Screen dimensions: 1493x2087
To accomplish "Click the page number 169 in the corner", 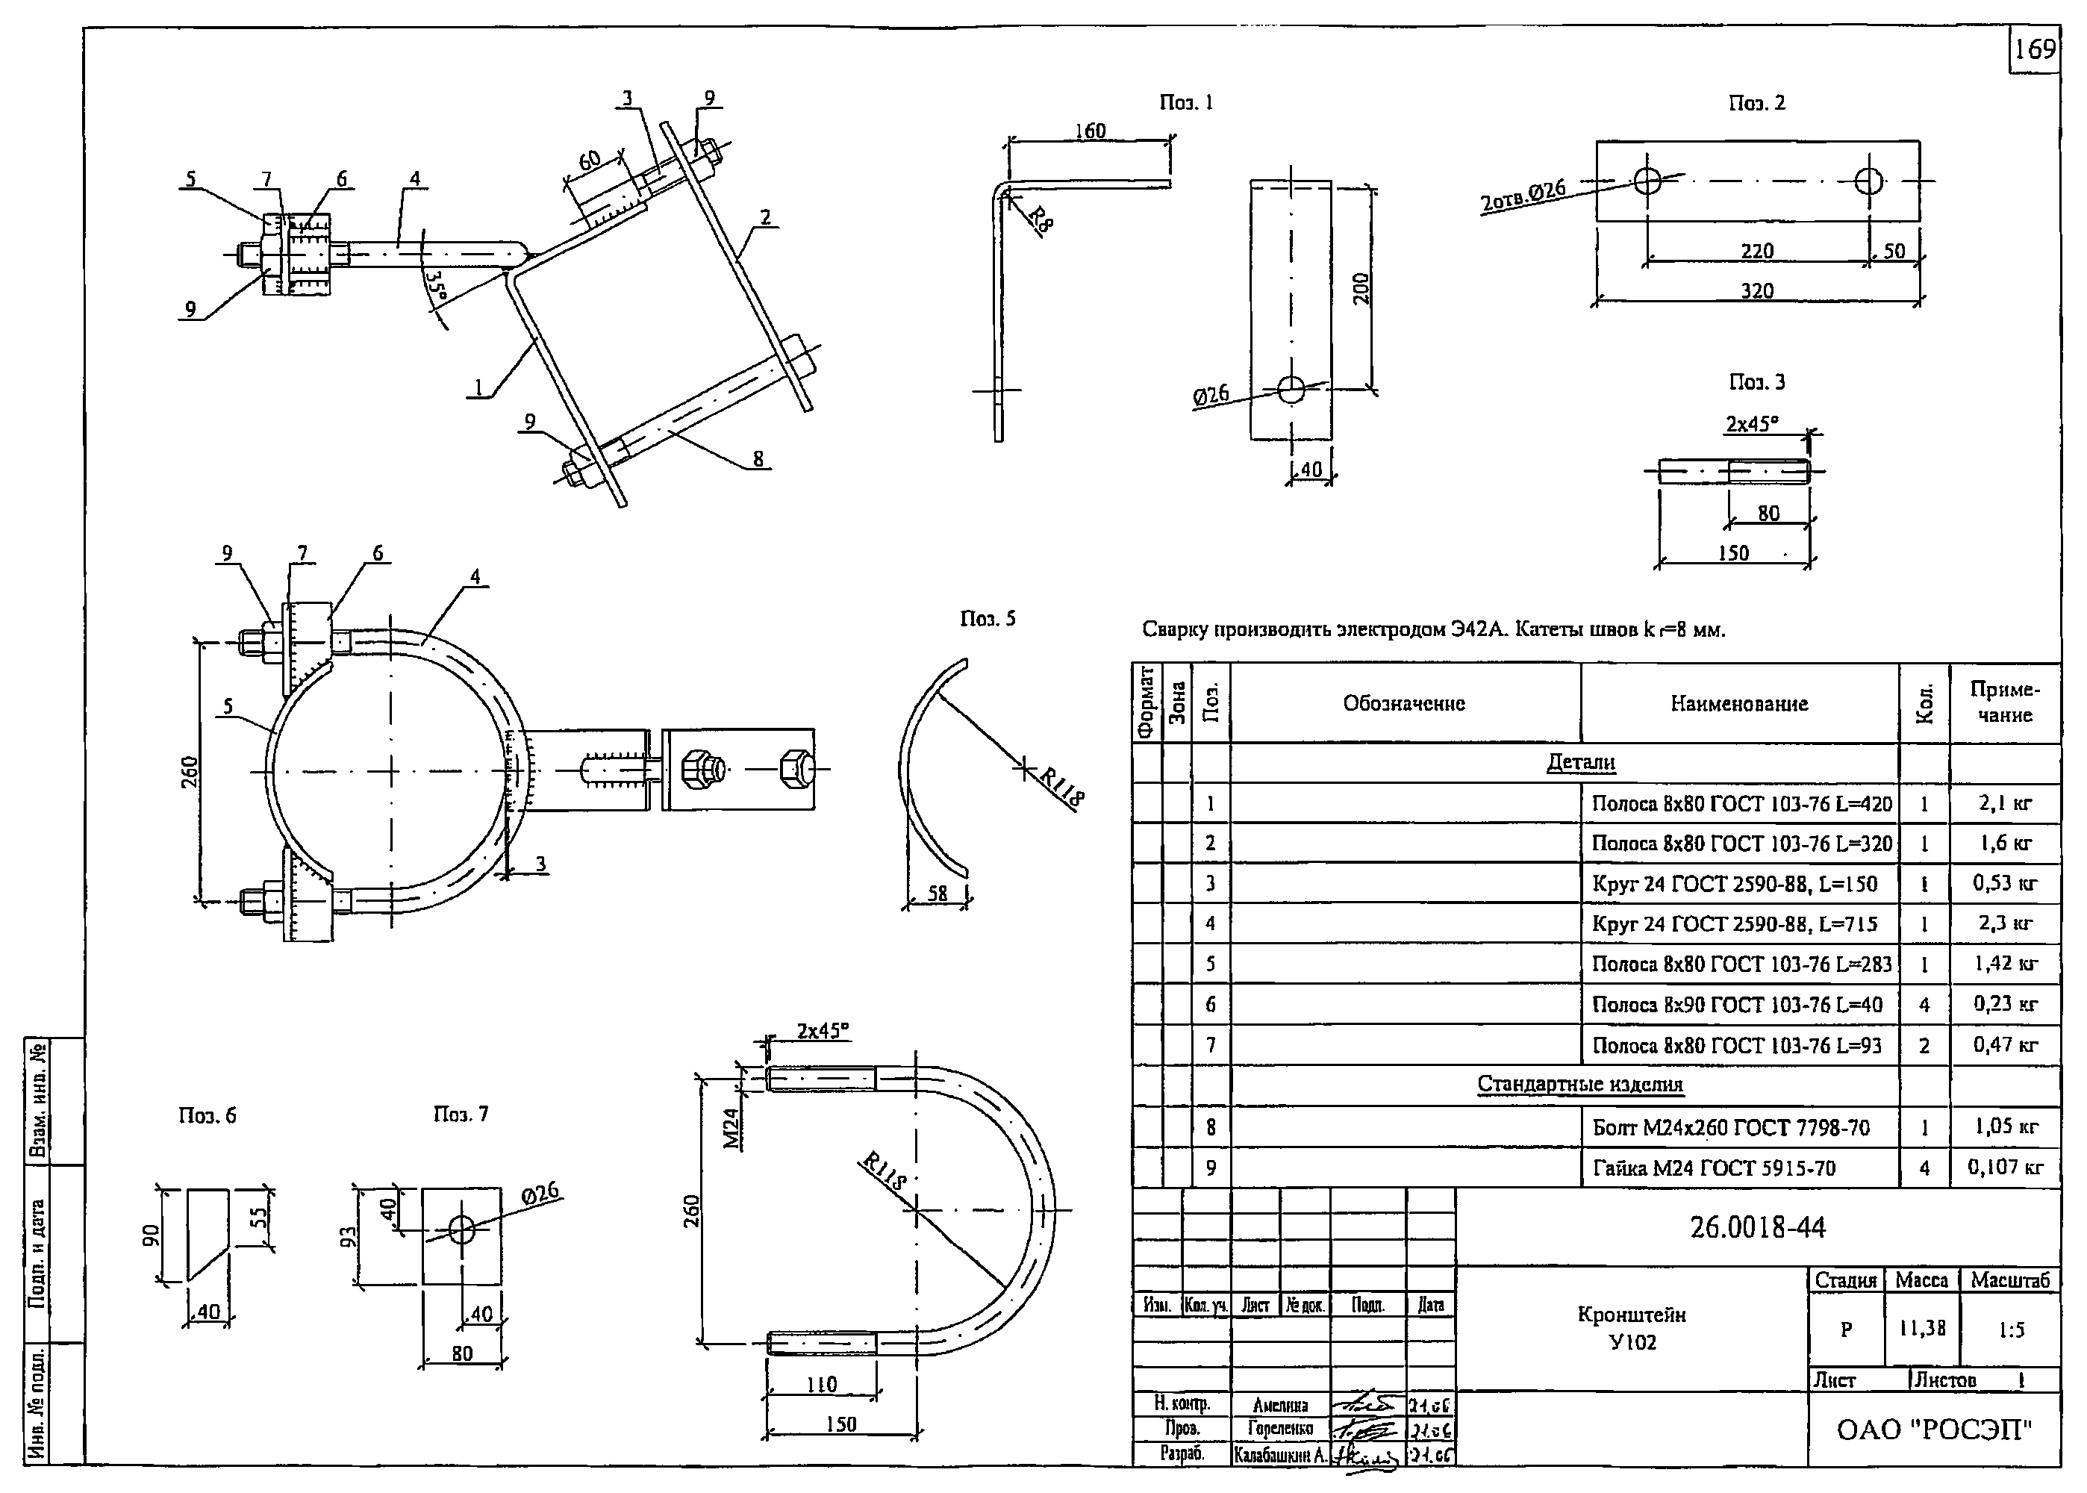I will (2035, 49).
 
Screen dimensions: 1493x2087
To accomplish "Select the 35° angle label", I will (437, 286).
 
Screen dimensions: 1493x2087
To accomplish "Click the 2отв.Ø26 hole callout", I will (1523, 197).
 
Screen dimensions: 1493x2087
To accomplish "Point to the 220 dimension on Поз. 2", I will (1757, 250).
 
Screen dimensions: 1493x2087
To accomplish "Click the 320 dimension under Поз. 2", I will (1757, 290).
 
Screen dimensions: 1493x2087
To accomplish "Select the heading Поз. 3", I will (1757, 381).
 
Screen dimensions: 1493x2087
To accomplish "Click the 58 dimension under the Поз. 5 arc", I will (938, 893).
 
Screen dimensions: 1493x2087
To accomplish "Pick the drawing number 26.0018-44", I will (1757, 1227).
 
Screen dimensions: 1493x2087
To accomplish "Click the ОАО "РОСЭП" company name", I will (1933, 1430).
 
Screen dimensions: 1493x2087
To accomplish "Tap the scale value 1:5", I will (2011, 1330).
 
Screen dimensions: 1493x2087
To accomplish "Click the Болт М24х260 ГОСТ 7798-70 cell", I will (1730, 1128).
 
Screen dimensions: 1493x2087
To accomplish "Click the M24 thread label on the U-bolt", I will (731, 1128).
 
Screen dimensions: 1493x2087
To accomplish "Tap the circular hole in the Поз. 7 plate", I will (462, 1229).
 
